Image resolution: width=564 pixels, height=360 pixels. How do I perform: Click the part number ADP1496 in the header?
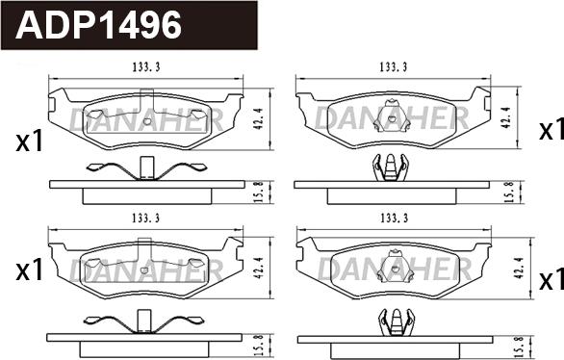pos(98,24)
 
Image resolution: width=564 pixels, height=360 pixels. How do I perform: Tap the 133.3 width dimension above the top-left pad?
pos(146,66)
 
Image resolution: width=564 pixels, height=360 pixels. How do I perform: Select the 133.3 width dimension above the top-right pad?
pos(394,66)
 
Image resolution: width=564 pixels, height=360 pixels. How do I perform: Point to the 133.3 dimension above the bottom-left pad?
pos(146,218)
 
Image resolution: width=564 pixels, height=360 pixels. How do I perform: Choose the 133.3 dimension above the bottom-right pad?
pos(394,218)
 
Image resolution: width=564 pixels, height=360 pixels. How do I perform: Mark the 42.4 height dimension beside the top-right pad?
pos(507,117)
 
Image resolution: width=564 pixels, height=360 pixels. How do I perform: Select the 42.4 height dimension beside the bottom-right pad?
pos(519,268)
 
